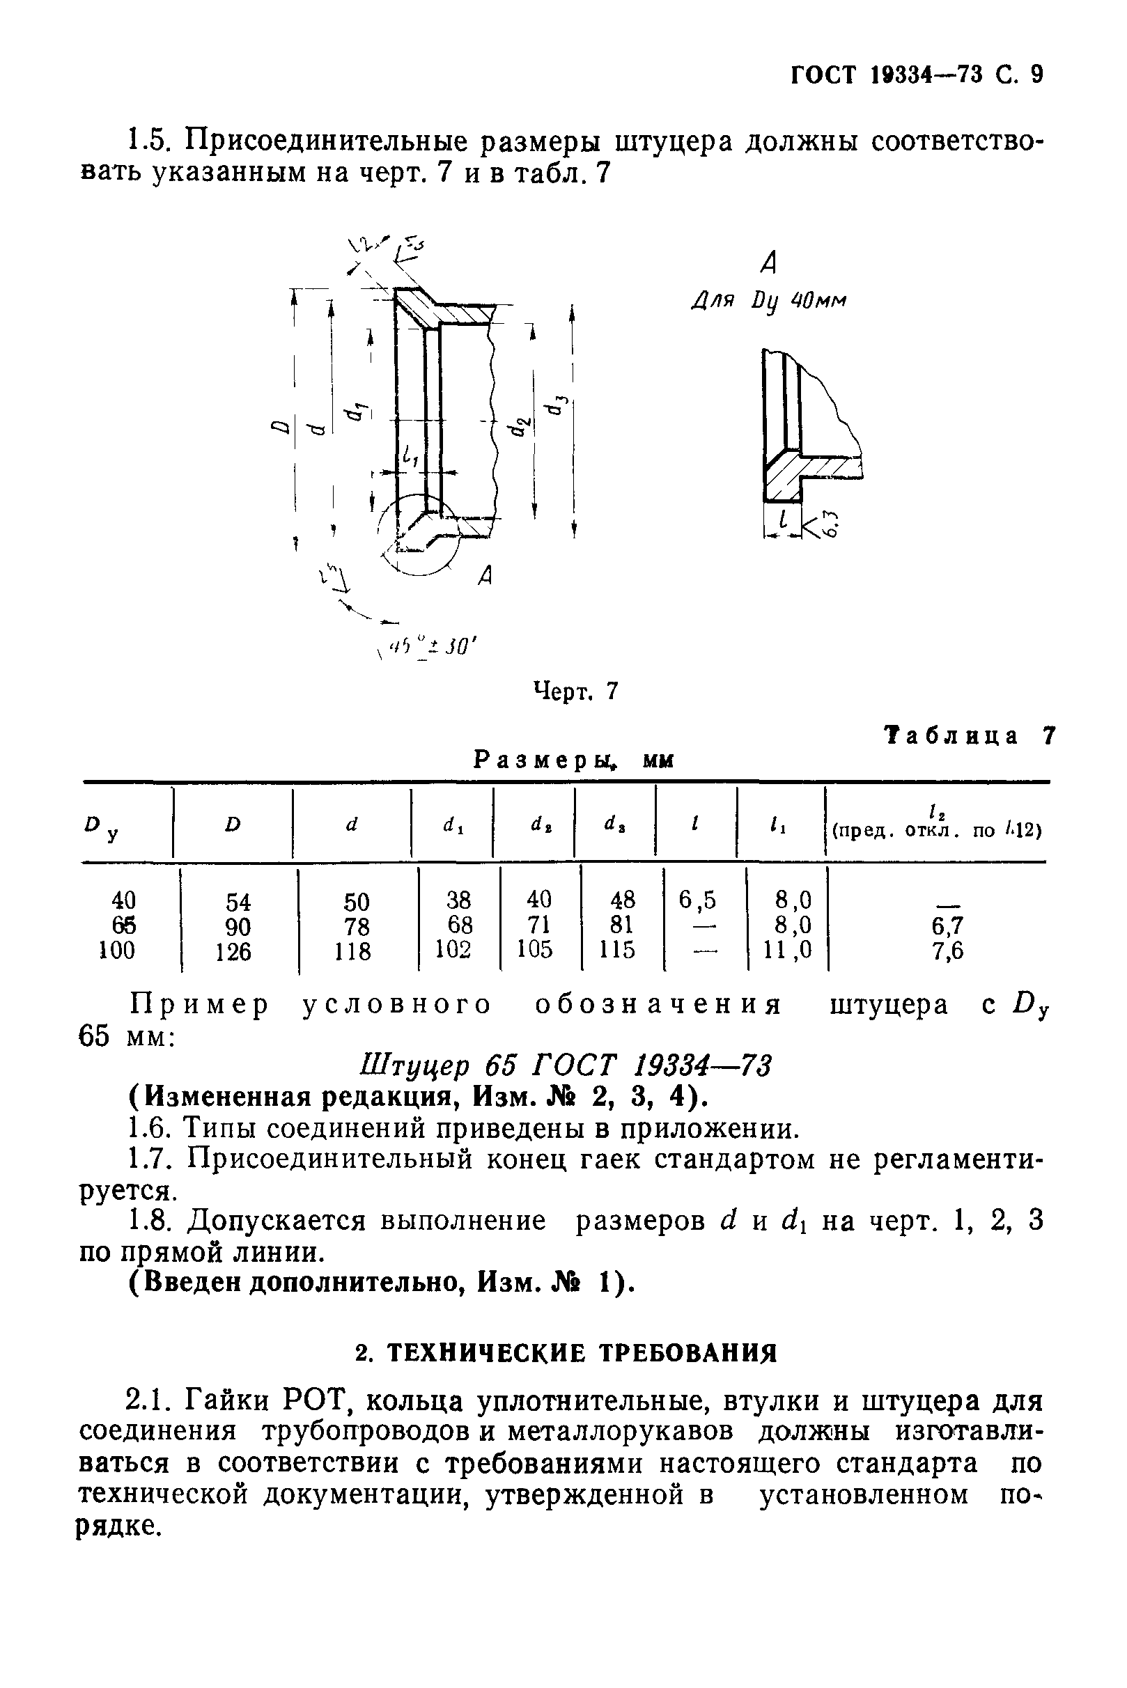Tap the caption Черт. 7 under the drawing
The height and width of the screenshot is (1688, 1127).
click(575, 691)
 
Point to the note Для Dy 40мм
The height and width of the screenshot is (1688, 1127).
click(768, 299)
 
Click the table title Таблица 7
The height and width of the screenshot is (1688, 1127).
click(970, 736)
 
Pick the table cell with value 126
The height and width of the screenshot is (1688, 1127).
click(234, 952)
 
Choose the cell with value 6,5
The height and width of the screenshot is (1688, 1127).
click(697, 900)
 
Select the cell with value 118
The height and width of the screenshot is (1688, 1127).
click(353, 952)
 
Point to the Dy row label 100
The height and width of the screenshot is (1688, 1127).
click(116, 951)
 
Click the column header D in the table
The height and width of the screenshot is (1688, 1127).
click(231, 825)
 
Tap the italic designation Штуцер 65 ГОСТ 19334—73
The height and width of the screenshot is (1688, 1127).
click(563, 1065)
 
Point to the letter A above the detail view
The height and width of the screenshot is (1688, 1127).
click(768, 264)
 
